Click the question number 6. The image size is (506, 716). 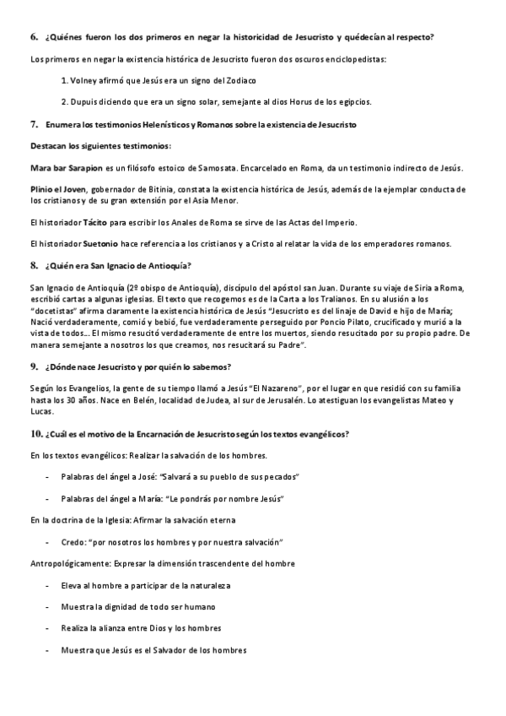pos(34,38)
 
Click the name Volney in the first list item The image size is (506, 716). pos(84,80)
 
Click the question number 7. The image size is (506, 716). pos(34,124)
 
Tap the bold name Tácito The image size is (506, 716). pos(95,222)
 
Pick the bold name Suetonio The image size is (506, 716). pos(100,244)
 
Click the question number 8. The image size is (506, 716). pos(34,266)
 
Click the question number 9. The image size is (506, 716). pos(34,366)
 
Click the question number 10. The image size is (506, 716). pos(35,433)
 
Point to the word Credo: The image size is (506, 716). pos(74,541)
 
